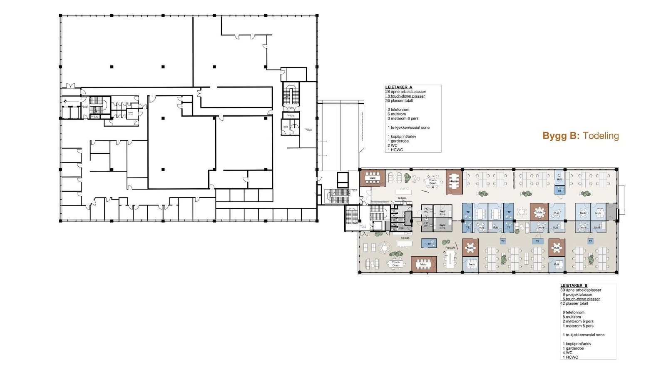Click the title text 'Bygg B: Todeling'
coord(580,136)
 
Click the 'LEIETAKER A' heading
coord(399,87)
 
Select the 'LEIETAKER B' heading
coord(574,285)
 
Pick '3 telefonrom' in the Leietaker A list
coord(398,110)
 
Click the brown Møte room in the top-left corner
coord(373,178)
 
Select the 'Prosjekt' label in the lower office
coord(450,247)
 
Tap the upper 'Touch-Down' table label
coord(433,182)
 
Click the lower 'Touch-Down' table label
coord(396,264)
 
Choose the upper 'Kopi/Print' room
coord(442,212)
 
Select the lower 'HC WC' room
coord(426,225)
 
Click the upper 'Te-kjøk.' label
coord(401,198)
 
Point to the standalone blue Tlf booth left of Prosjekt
coord(429,243)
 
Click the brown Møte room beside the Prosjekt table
coord(470,247)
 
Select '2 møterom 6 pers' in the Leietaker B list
coord(578,321)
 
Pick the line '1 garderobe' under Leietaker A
coord(398,141)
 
